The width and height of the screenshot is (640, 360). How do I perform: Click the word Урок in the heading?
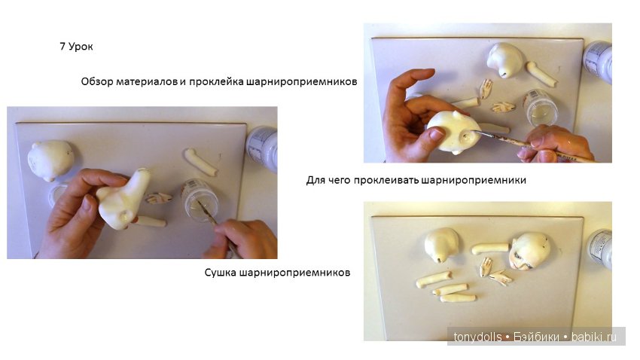click(81, 47)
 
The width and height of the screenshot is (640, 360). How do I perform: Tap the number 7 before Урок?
click(62, 46)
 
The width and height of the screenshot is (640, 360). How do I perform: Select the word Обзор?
click(97, 81)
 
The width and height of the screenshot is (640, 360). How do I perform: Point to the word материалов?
click(147, 81)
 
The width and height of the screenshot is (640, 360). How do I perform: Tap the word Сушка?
click(220, 272)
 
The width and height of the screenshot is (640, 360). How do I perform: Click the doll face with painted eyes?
click(530, 251)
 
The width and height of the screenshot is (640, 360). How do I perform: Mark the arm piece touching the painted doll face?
click(490, 248)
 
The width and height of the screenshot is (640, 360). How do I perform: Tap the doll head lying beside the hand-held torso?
click(51, 160)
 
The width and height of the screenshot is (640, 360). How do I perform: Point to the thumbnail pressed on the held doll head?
click(436, 133)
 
